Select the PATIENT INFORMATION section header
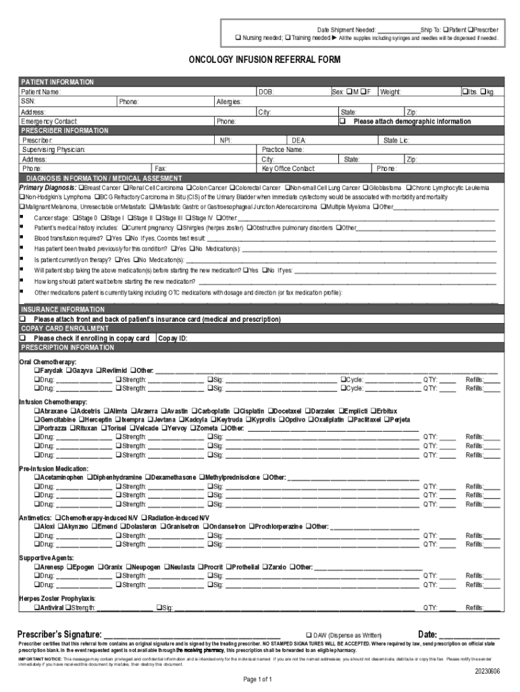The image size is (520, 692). pos(57,82)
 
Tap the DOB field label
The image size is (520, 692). pos(266,91)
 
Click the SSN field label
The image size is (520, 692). pos(28,101)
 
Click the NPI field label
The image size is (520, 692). pos(226,141)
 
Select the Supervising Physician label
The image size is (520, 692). pos(53,149)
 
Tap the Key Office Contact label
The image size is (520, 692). pos(288,168)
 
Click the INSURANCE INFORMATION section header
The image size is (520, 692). pos(61,309)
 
